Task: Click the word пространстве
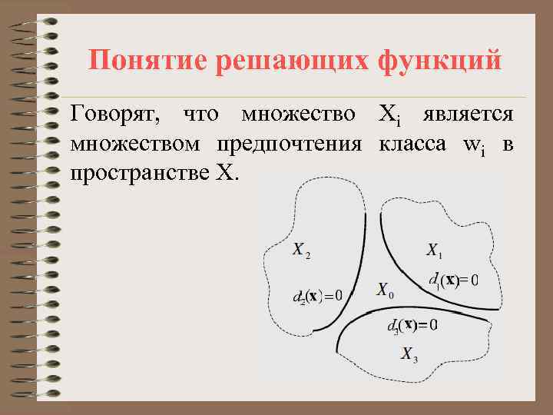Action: pos(137,171)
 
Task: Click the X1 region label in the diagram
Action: pos(435,251)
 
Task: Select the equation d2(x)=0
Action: pos(318,296)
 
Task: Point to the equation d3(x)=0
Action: pos(412,325)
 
